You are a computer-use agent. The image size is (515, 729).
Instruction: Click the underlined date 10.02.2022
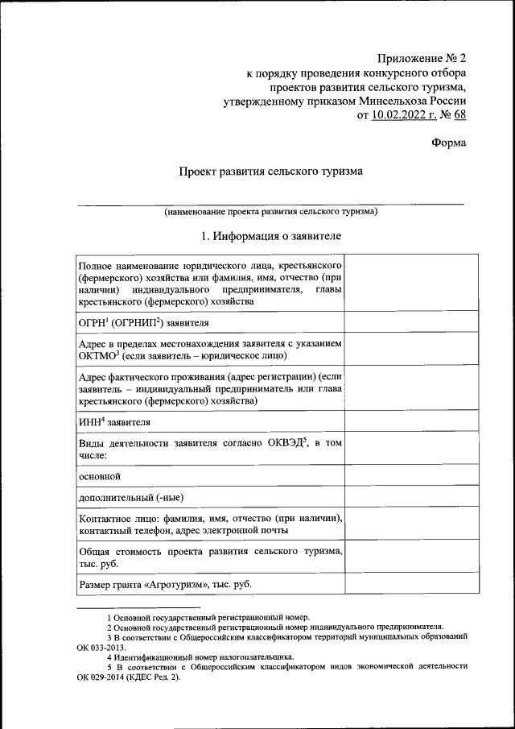(x=402, y=115)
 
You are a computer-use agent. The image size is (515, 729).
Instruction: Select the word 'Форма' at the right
(x=447, y=143)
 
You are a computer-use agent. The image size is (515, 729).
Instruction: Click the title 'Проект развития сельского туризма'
(x=270, y=172)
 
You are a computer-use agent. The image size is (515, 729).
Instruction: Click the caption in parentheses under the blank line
(x=270, y=212)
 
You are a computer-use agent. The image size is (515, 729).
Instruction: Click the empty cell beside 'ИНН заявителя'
(x=411, y=421)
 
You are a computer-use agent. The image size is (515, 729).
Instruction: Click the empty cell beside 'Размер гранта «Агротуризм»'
(x=411, y=584)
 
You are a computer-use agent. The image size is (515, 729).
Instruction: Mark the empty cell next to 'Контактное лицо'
(x=411, y=524)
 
